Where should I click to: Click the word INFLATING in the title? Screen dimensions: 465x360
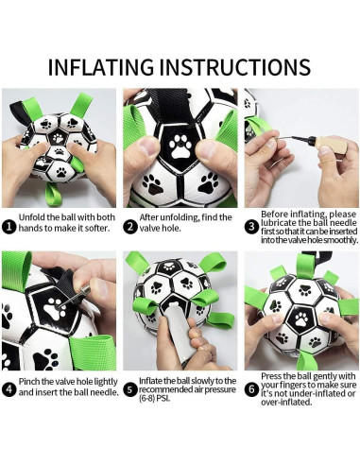click(104, 67)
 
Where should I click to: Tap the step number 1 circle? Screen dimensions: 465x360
click(9, 227)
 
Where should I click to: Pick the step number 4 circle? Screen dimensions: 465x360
click(9, 387)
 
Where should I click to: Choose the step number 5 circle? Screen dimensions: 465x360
click(130, 387)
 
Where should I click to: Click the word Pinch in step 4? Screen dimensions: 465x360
click(32, 381)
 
